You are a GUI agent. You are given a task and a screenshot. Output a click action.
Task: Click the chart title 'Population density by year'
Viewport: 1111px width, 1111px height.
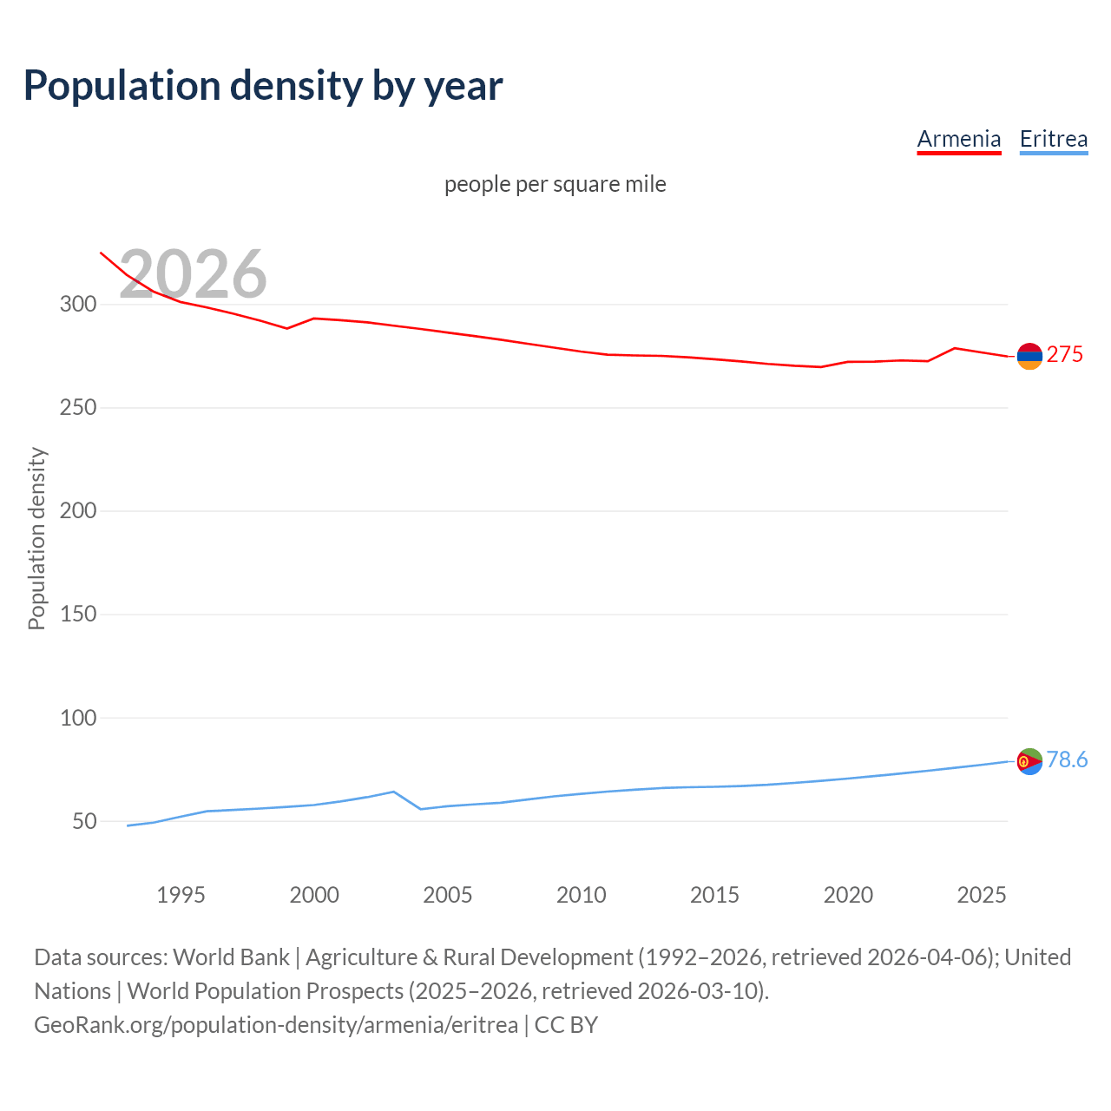pos(263,86)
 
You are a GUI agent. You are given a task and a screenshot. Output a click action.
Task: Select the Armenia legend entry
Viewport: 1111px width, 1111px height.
pos(959,139)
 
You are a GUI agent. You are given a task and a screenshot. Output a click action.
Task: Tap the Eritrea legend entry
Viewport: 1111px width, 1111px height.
pos(1053,139)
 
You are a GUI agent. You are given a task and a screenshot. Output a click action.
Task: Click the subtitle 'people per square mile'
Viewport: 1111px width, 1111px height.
pos(555,185)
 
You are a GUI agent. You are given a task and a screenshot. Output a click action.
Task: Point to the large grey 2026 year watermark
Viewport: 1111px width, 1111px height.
pos(193,274)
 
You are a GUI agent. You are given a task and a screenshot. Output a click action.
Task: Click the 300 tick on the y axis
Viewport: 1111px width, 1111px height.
pos(77,305)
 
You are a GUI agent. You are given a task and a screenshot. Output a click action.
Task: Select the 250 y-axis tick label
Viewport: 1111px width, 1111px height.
pos(77,408)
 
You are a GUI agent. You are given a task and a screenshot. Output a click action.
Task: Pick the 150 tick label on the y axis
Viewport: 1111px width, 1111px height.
pos(77,615)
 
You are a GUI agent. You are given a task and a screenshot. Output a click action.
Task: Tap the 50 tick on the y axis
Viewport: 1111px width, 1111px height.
pos(84,821)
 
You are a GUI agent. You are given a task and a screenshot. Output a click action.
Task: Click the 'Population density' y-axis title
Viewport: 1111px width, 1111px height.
pos(36,538)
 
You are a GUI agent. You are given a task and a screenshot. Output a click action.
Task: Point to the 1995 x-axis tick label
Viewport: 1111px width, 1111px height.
pos(181,895)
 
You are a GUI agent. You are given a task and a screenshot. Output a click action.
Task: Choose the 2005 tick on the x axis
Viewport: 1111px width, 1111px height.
pos(448,895)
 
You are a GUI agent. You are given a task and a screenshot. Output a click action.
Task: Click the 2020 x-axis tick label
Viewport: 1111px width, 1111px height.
pos(848,895)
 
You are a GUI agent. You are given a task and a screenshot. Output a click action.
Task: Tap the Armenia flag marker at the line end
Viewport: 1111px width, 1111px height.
pos(1029,356)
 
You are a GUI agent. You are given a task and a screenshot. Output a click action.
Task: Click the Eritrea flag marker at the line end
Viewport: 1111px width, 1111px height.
pos(1029,761)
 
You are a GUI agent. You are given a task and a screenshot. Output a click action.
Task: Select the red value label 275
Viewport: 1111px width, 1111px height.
pos(1065,354)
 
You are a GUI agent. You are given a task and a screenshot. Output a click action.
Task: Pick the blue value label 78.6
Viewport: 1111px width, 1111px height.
pos(1067,760)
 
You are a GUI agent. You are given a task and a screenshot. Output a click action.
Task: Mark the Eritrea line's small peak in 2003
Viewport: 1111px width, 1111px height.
pos(394,792)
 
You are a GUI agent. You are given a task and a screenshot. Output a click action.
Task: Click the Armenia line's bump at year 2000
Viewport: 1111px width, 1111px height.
pos(313,319)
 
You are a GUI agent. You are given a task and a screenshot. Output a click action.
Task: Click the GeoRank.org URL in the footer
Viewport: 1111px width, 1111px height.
pos(276,1025)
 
